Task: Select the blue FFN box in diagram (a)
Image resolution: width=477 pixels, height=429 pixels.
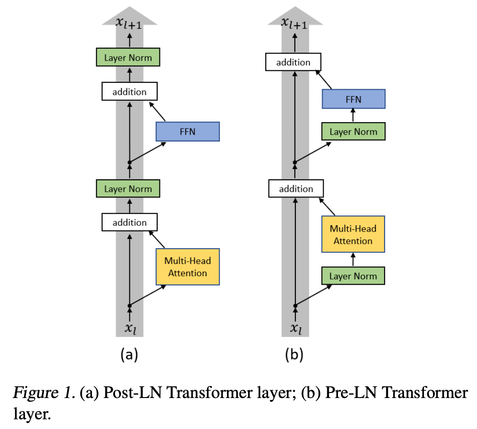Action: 188,132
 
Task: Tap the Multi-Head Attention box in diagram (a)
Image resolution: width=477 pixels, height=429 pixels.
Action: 188,267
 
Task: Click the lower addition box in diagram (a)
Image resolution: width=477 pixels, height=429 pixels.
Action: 129,222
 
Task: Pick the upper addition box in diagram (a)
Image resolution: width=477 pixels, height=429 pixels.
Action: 129,92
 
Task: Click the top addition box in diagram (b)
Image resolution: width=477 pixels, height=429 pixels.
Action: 294,62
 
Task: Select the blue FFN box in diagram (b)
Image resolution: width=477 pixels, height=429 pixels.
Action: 353,99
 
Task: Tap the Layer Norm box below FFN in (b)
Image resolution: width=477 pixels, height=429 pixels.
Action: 353,132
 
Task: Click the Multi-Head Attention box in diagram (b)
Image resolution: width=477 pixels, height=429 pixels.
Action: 353,234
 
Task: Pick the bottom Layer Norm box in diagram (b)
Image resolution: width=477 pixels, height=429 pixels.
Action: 353,276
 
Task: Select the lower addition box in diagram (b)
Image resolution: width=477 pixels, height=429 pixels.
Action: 296,189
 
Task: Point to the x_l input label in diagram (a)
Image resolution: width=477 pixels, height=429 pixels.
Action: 130,329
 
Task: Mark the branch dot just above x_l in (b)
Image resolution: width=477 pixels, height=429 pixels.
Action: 295,305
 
